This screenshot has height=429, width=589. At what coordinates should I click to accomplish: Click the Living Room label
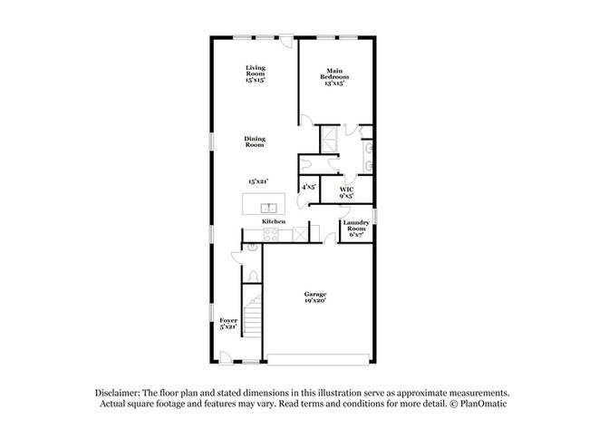[255, 73]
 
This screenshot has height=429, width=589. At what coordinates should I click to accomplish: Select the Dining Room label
[255, 141]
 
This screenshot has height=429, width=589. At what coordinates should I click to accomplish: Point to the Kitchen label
[274, 221]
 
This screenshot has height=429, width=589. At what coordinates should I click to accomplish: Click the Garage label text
[315, 295]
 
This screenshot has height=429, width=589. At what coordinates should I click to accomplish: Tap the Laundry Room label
[356, 229]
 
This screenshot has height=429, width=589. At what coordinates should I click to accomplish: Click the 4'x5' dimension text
[308, 186]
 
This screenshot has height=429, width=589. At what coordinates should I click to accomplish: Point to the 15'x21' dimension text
[260, 181]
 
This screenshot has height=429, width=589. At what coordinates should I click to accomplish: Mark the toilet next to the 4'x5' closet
[305, 164]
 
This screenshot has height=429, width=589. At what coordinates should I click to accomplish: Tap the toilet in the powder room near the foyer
[254, 275]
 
